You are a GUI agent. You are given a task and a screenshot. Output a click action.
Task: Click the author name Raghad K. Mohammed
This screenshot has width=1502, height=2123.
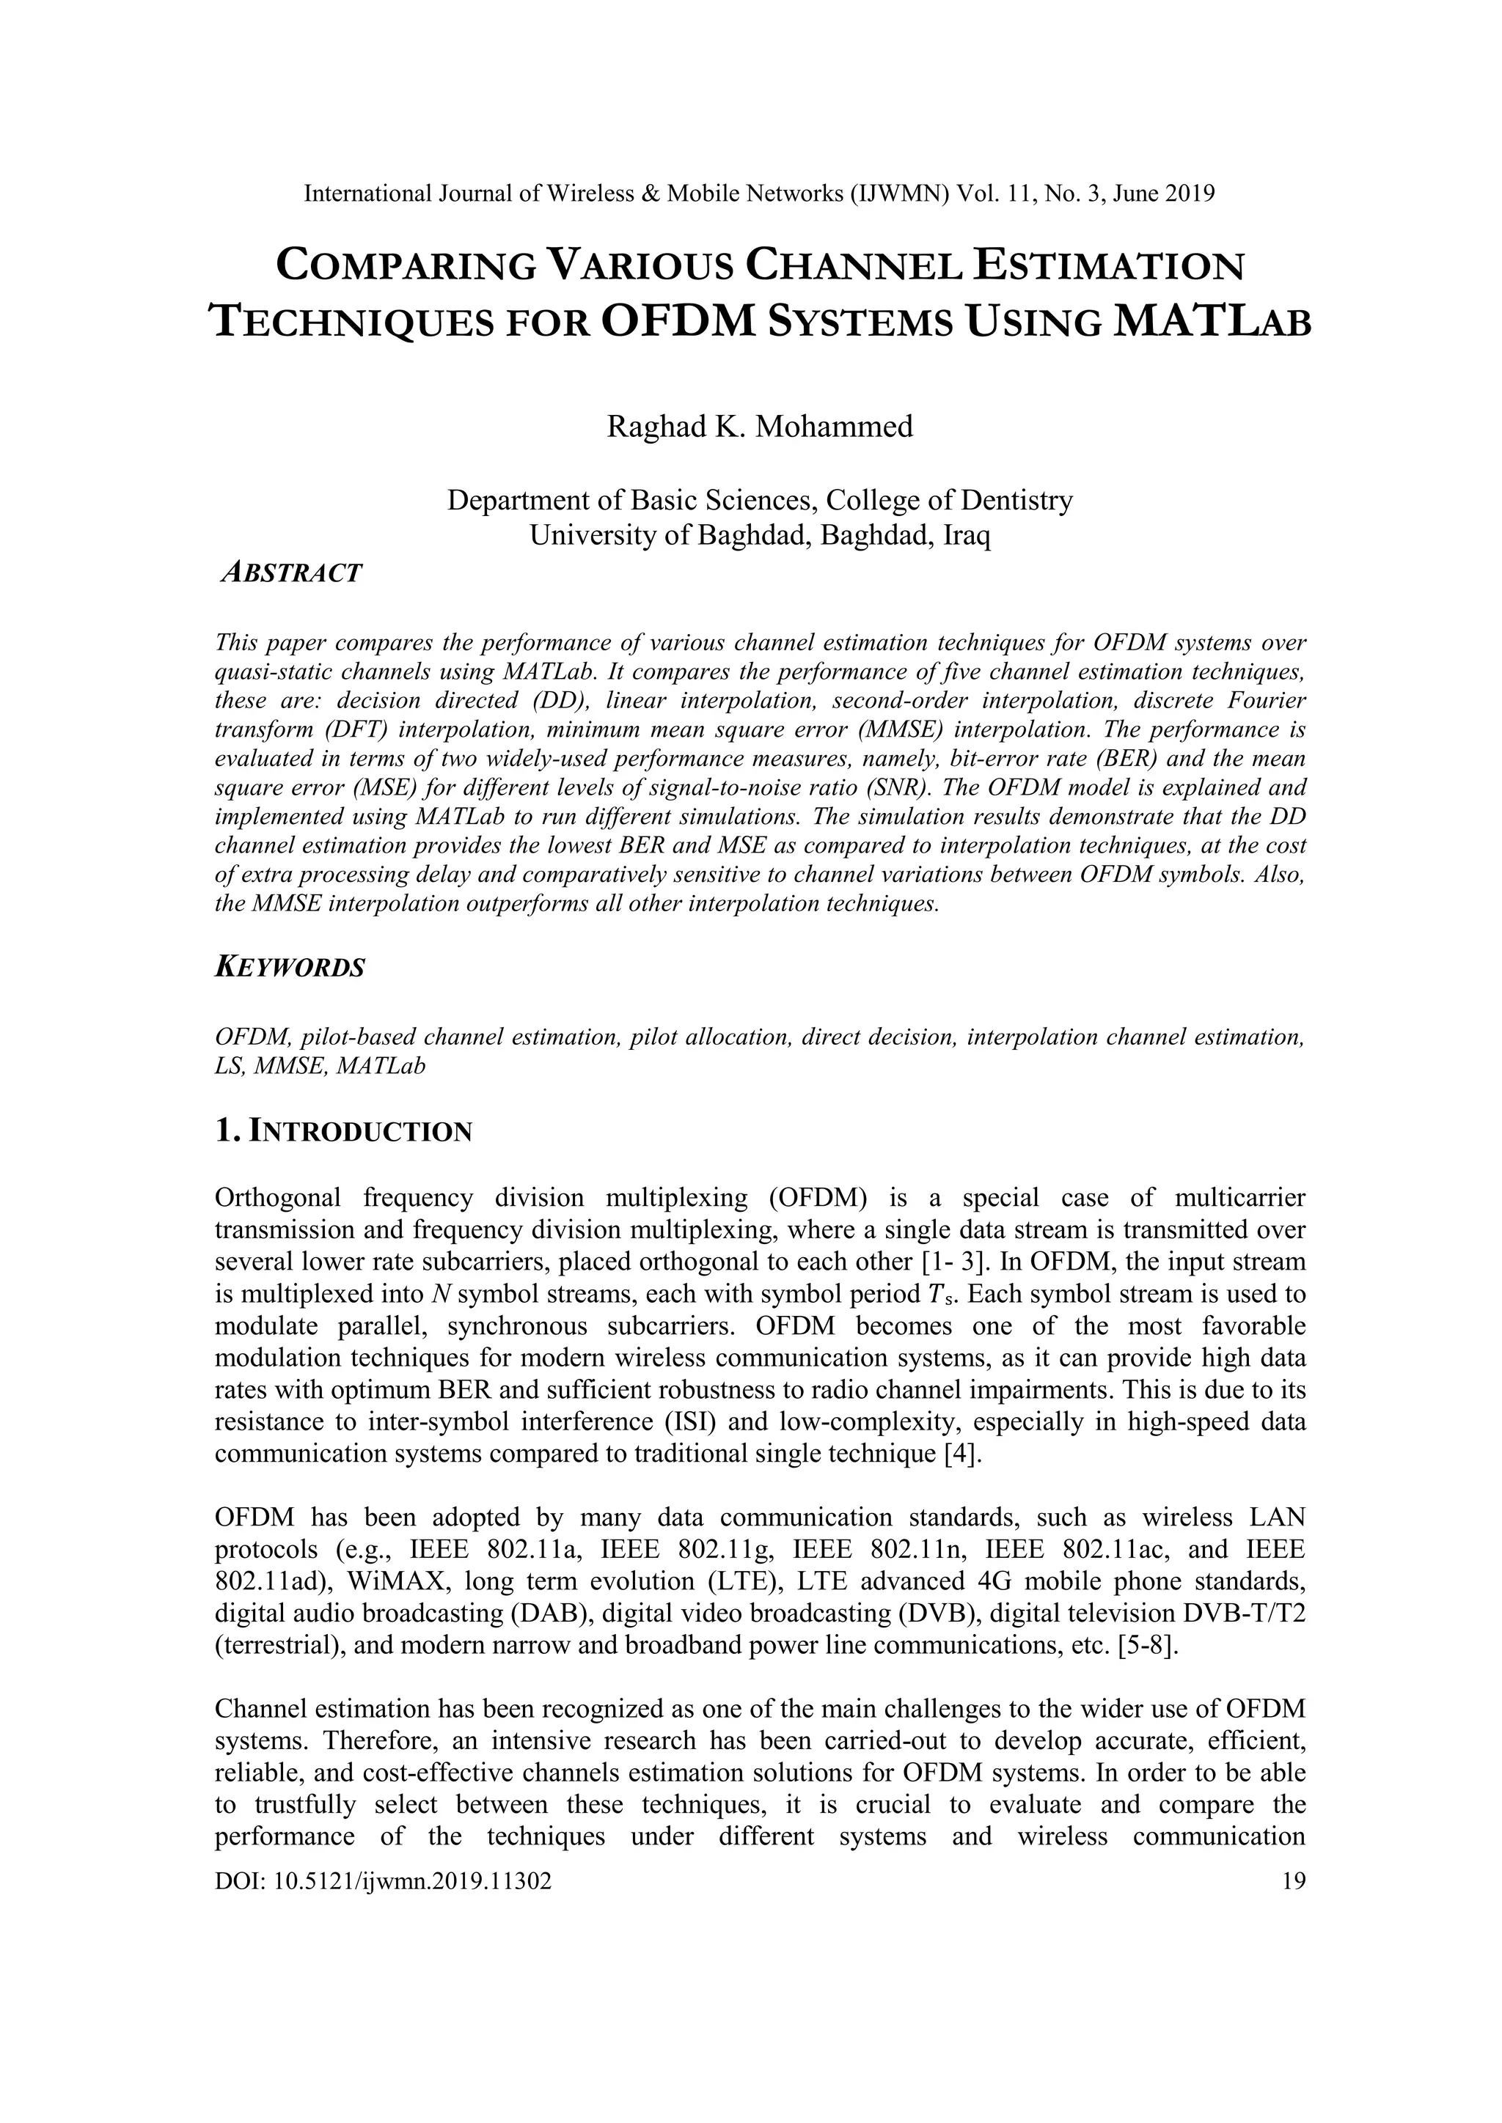759,427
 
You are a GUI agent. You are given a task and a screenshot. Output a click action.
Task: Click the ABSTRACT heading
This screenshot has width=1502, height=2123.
291,573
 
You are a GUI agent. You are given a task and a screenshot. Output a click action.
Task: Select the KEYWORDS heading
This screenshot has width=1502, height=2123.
290,968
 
